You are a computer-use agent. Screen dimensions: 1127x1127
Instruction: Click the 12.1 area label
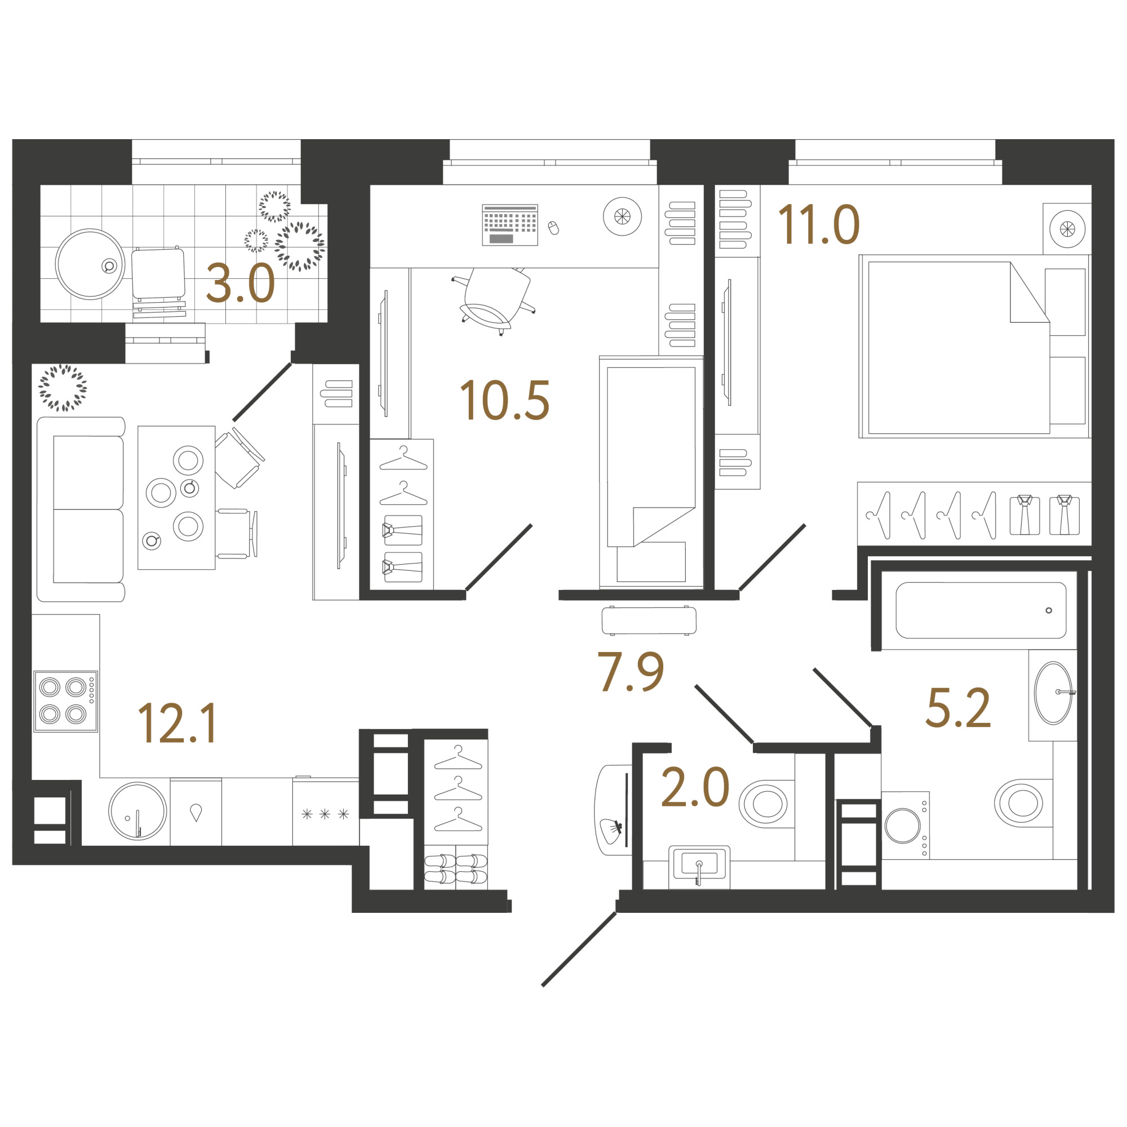pyautogui.click(x=178, y=724)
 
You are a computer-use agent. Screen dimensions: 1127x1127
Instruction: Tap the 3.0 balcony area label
pyautogui.click(x=241, y=283)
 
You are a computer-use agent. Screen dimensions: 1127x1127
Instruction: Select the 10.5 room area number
pyautogui.click(x=504, y=401)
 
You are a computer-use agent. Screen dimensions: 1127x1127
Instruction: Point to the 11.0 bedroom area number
pyautogui.click(x=819, y=224)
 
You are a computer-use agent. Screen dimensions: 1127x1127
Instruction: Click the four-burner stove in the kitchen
pyautogui.click(x=65, y=701)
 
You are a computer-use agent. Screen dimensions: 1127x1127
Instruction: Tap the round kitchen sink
pyautogui.click(x=137, y=811)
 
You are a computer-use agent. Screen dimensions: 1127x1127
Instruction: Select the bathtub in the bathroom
pyautogui.click(x=981, y=610)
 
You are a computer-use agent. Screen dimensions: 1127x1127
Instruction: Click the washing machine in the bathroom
pyautogui.click(x=906, y=825)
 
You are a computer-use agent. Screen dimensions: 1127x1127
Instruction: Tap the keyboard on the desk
pyautogui.click(x=510, y=225)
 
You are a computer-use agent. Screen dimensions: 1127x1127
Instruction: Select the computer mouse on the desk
pyautogui.click(x=553, y=228)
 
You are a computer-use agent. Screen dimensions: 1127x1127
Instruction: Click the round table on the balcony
pyautogui.click(x=90, y=264)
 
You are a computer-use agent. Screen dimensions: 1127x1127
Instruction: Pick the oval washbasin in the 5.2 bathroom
pyautogui.click(x=1053, y=693)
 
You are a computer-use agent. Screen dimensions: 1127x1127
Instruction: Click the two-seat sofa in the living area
pyautogui.click(x=81, y=509)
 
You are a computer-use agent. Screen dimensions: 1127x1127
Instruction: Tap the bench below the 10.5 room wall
pyautogui.click(x=649, y=620)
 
